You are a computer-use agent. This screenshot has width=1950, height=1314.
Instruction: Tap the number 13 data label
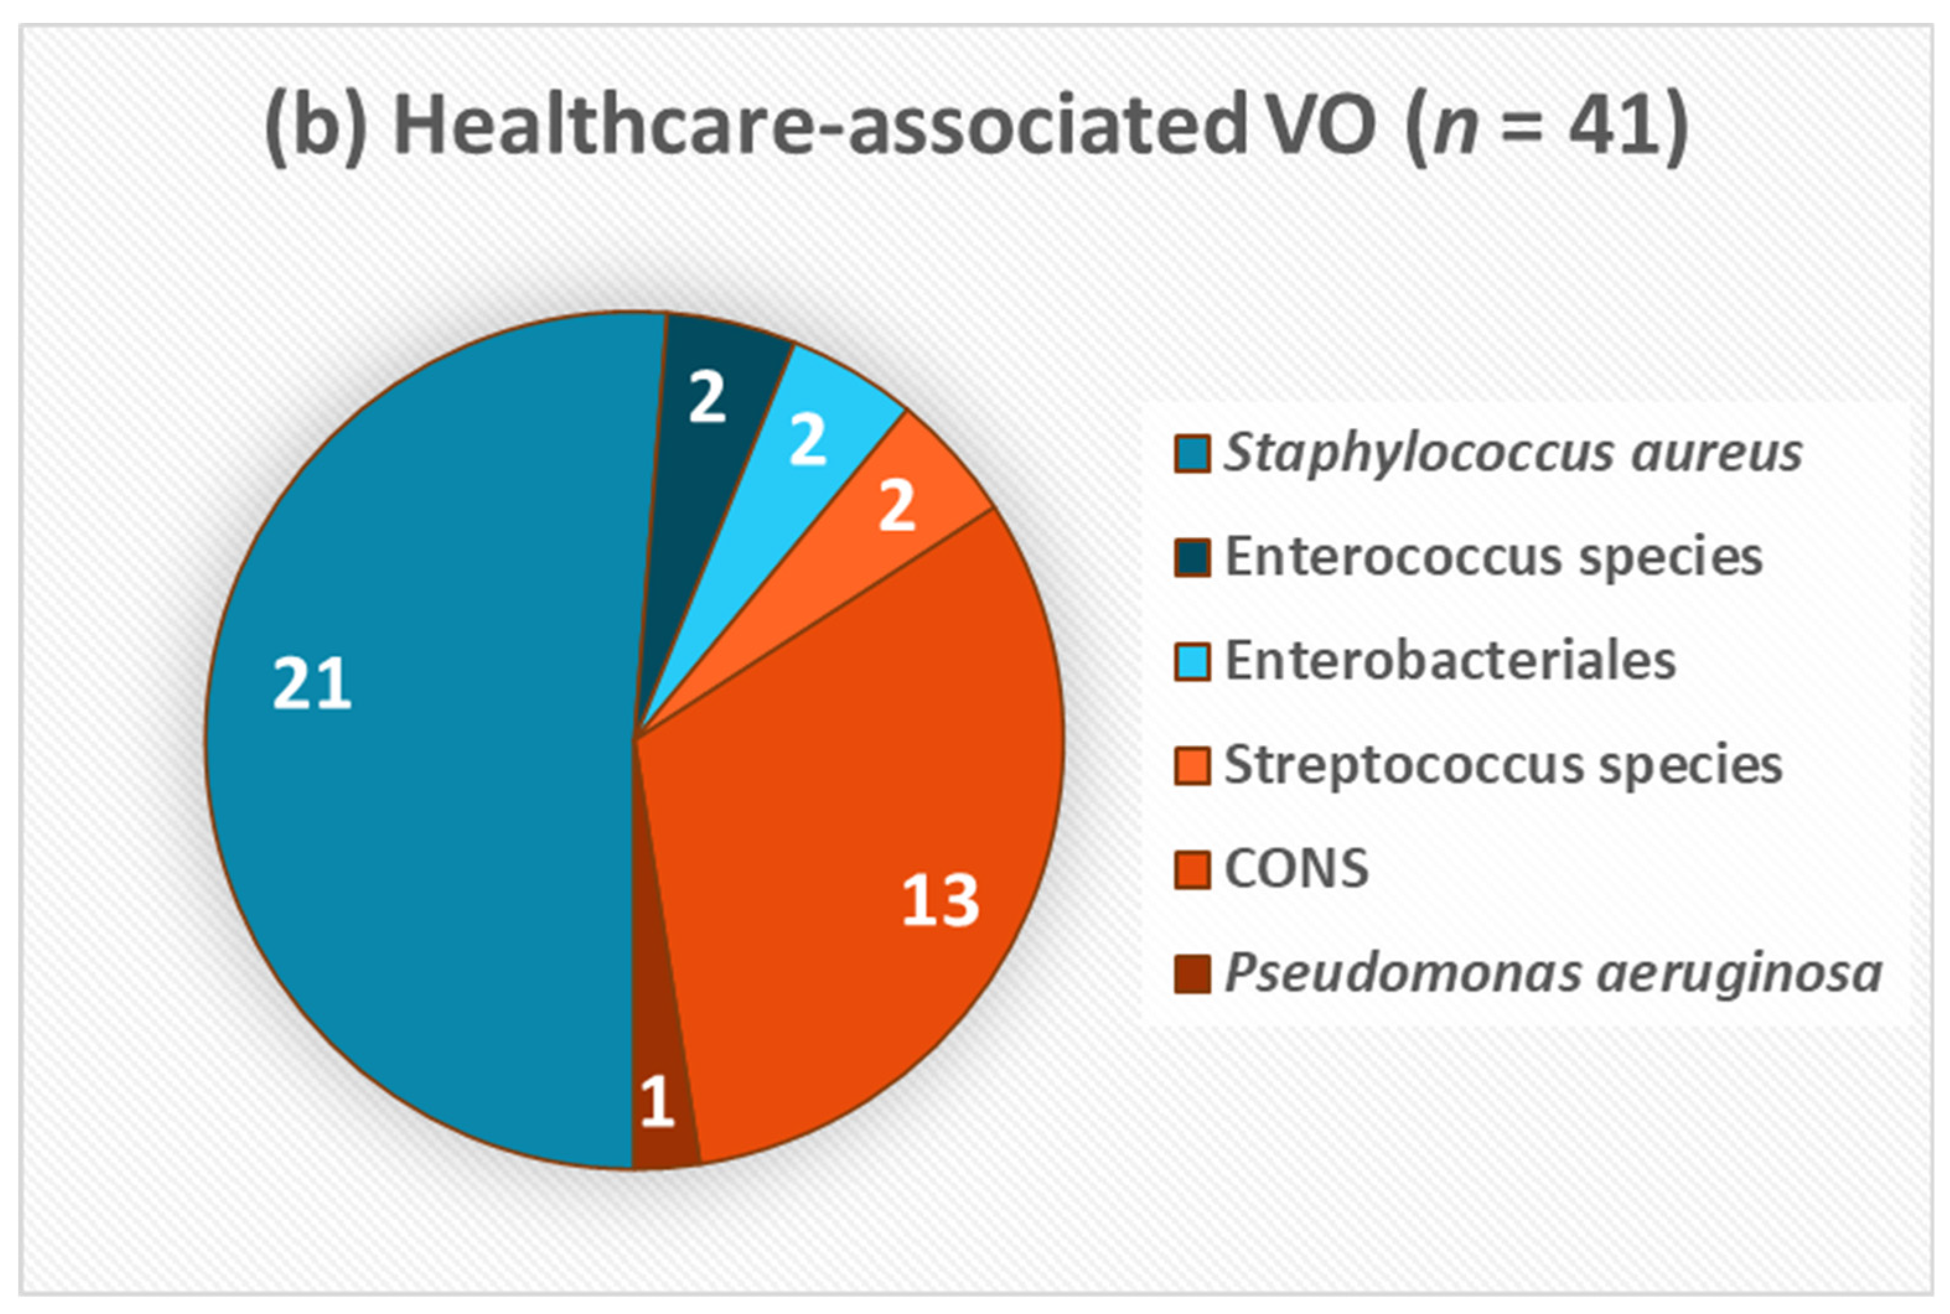[x=939, y=900]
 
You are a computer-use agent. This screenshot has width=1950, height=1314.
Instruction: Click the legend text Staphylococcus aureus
[x=1513, y=453]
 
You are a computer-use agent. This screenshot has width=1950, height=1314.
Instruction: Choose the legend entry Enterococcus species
[x=1493, y=556]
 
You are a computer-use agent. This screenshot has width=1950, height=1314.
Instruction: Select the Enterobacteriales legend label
[x=1450, y=660]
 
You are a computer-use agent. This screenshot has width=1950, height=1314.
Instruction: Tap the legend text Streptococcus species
[x=1503, y=765]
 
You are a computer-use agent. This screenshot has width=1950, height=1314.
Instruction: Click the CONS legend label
[x=1296, y=868]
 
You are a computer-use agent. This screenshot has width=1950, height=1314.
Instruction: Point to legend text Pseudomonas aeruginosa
[x=1553, y=973]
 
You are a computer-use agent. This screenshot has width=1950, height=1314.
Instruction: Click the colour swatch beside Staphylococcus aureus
[x=1192, y=453]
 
